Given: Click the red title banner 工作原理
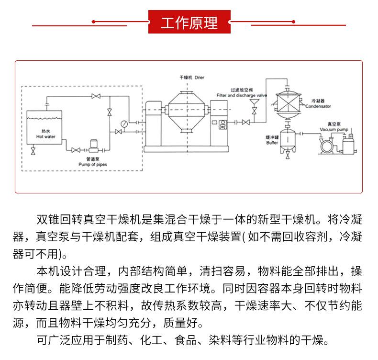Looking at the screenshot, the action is pos(189,22).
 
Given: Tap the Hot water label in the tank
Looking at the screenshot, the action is pos(46,136).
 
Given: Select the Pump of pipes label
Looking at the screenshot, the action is pos(93,165).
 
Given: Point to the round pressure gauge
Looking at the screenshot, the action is pos(124,124).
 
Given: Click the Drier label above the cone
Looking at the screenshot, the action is pos(200,78).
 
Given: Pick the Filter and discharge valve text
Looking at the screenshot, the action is pos(242,95).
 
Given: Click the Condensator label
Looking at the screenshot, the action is pos(318,106).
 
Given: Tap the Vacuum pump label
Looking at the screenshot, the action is pos(334,129).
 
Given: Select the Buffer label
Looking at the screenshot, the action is pos(272,143).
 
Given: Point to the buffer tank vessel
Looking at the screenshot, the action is pos(288,139).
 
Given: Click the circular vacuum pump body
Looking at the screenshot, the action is pos(327,146).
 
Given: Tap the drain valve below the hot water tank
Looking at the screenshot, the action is pos(33,151).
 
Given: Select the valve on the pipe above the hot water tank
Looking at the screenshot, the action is pos(96,96).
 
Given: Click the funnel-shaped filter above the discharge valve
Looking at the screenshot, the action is pos(254,102).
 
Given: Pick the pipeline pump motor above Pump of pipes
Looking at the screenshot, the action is pos(93,144).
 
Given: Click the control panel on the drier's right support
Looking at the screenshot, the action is pos(223,124).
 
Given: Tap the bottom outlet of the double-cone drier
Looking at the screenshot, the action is pos(187,130).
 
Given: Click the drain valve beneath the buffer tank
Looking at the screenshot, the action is pos(288,155).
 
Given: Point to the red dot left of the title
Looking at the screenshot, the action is pos(93,22).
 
